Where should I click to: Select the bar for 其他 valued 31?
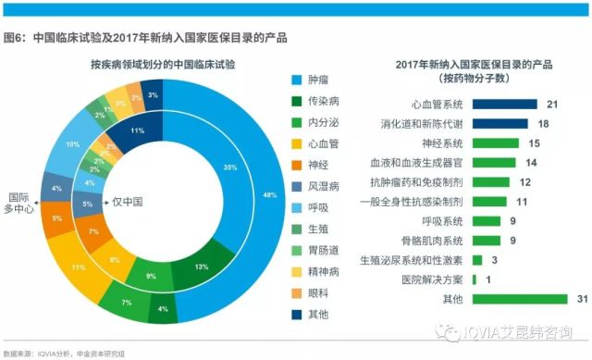tap(519, 299)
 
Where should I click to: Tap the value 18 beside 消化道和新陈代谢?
tap(544, 123)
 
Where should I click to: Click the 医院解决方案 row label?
tap(426, 279)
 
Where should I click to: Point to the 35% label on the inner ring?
tap(229, 167)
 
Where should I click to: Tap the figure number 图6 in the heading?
tap(14, 38)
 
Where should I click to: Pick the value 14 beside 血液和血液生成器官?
tap(532, 162)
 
